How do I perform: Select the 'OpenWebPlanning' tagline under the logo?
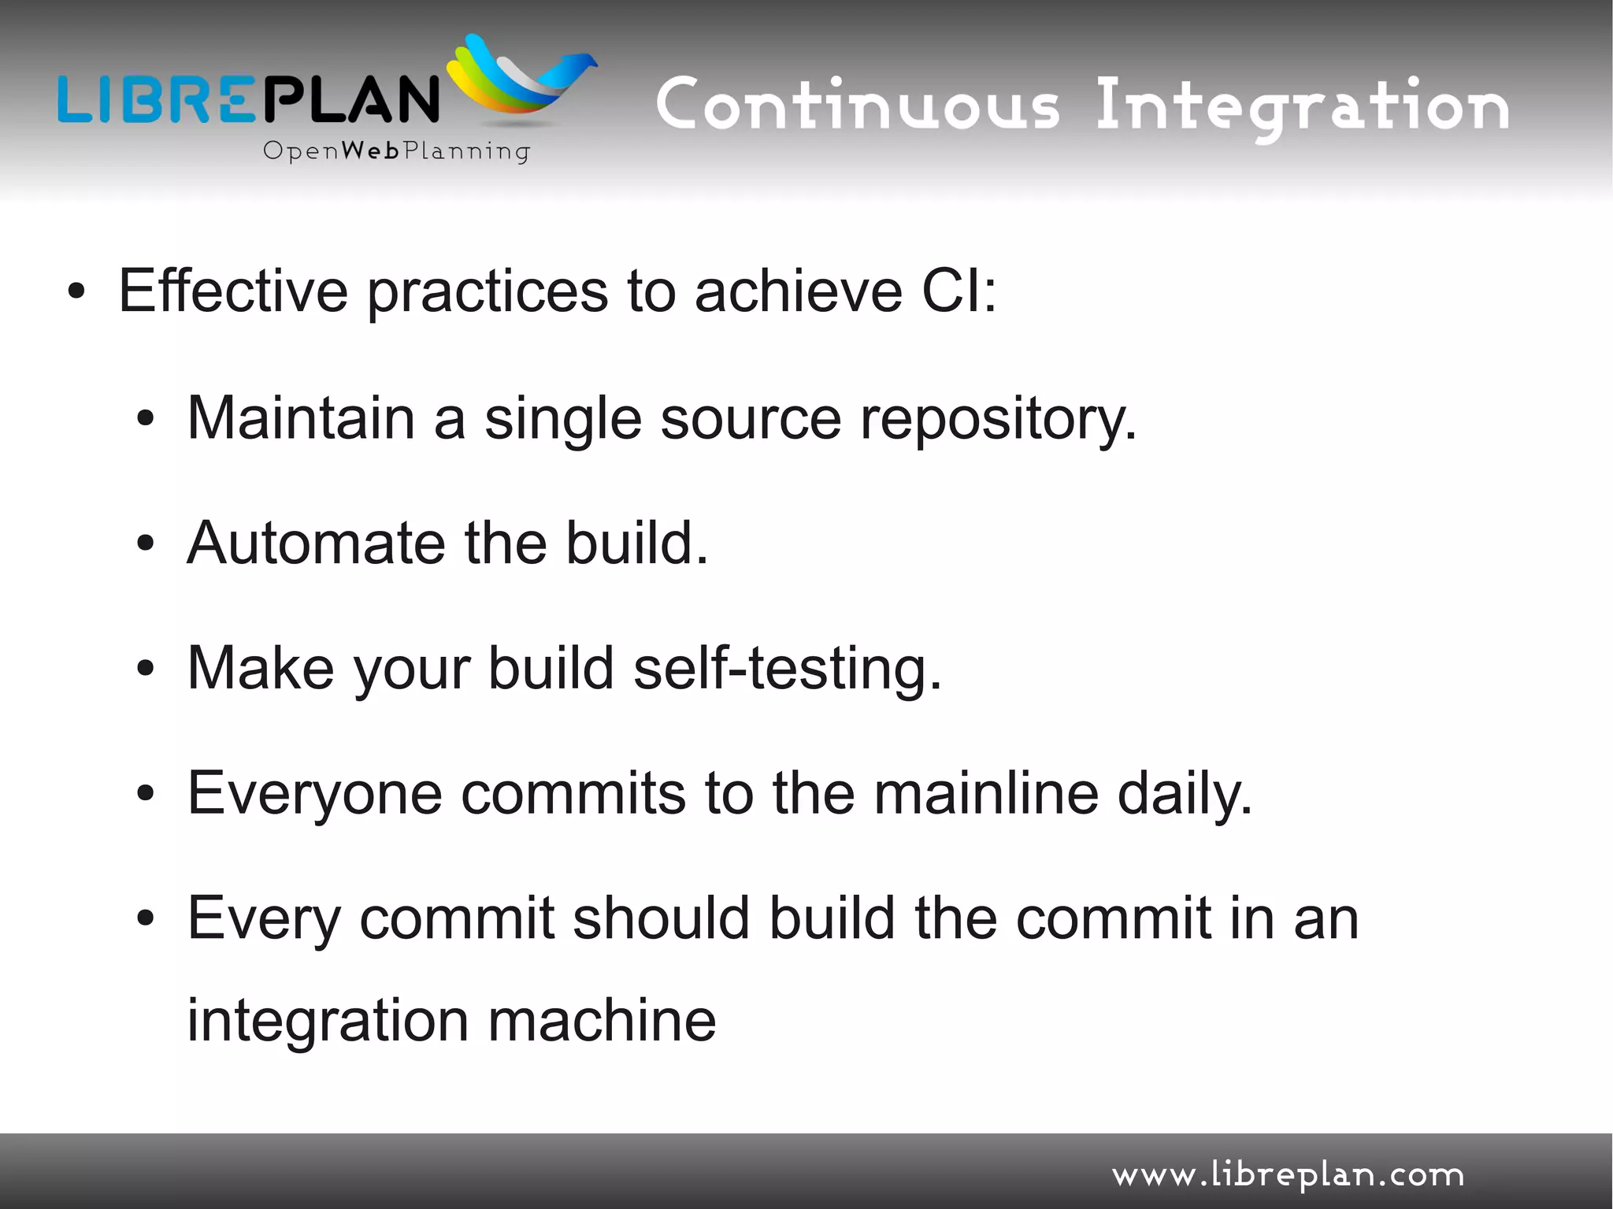tap(396, 150)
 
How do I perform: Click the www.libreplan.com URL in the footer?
tap(1288, 1175)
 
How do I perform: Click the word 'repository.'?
tap(998, 419)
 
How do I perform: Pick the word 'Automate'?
tap(316, 543)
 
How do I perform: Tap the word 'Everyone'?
tap(314, 794)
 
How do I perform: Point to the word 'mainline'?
tap(986, 793)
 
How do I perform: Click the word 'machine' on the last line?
tap(602, 1020)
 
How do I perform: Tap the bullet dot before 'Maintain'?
tap(145, 420)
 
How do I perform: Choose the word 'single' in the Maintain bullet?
tap(562, 419)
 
